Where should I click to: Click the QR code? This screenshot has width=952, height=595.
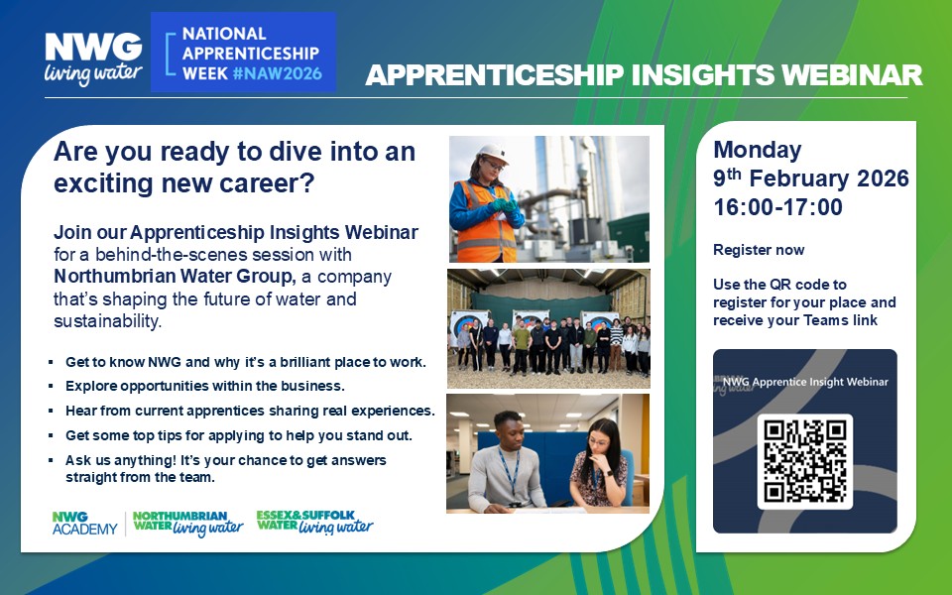(x=804, y=461)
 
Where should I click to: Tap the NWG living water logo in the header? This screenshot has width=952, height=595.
(x=93, y=59)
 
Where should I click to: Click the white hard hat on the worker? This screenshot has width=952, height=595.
(x=493, y=153)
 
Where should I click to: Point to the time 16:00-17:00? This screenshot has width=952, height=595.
(x=777, y=207)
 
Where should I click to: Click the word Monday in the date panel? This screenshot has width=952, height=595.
(x=757, y=150)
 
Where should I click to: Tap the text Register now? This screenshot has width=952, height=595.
(x=759, y=250)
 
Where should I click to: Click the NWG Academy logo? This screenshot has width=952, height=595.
(x=84, y=524)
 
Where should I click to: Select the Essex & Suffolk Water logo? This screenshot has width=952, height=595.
(x=314, y=523)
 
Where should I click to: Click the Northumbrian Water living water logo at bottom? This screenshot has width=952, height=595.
(x=187, y=524)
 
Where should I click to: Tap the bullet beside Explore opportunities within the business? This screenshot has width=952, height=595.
(x=51, y=386)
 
